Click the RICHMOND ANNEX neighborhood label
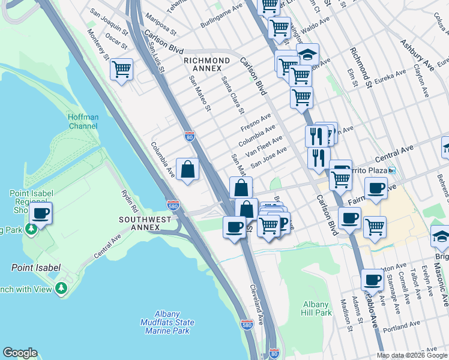click(206, 64)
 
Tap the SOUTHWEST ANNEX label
click(145, 224)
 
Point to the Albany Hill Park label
click(315, 308)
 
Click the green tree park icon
click(61, 289)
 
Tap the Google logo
click(20, 353)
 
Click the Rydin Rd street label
click(130, 200)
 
